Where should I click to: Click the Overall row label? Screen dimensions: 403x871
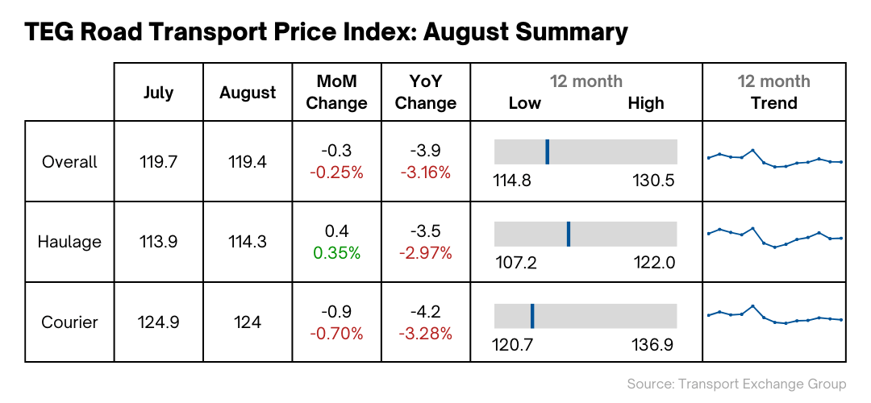click(69, 162)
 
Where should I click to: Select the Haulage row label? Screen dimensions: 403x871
click(69, 242)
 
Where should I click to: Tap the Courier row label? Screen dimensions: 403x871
click(69, 322)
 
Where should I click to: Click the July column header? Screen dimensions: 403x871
click(158, 93)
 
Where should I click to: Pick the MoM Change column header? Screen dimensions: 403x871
click(337, 93)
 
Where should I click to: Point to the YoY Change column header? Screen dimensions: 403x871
click(426, 93)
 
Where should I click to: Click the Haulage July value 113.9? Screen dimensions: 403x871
click(158, 242)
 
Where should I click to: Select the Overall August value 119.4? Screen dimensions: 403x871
click(248, 162)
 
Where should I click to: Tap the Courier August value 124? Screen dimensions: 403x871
click(248, 322)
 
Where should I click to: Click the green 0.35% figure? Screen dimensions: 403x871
click(337, 252)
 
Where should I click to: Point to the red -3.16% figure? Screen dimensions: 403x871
click(426, 172)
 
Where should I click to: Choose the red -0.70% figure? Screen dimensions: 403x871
click(337, 333)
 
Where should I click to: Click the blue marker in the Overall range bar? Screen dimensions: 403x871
click(547, 152)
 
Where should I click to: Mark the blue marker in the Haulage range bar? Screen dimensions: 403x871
click(568, 234)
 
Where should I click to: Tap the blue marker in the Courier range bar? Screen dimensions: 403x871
click(532, 315)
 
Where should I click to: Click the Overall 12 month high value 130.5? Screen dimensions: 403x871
click(653, 181)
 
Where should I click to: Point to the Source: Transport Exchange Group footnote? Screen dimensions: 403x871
click(736, 384)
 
